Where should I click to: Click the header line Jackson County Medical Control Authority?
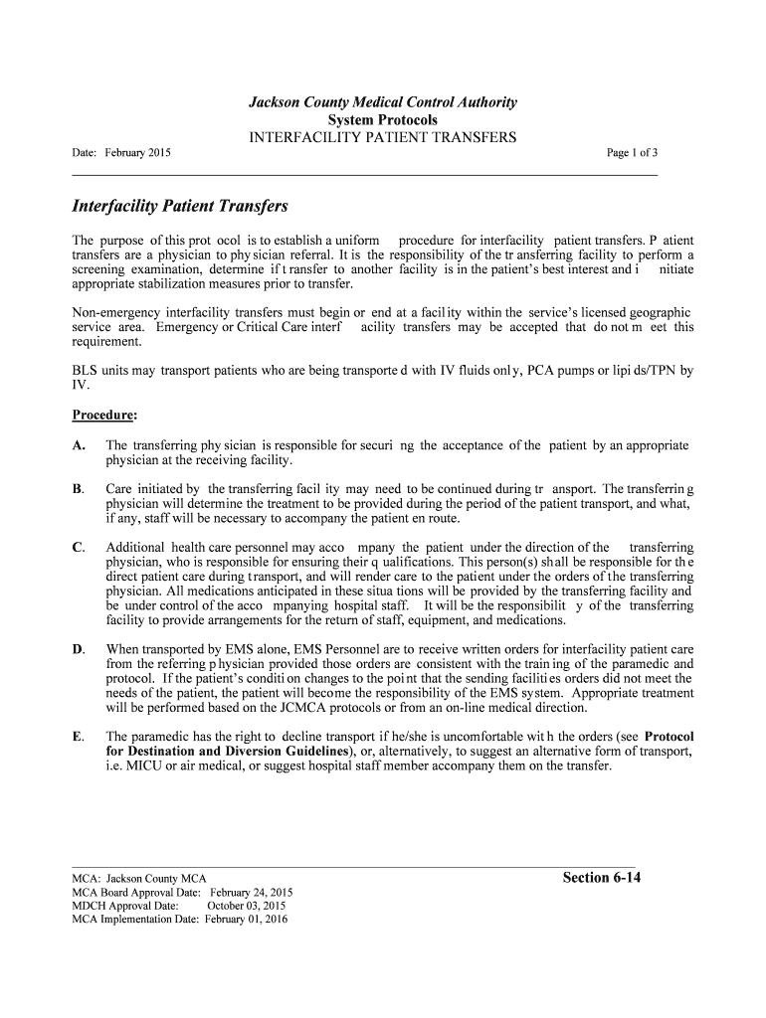(x=382, y=102)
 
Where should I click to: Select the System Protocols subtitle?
(x=382, y=119)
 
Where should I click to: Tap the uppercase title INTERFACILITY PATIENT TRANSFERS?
(x=382, y=137)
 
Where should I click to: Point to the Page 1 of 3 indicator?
(x=632, y=153)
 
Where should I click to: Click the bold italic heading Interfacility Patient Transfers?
(x=180, y=207)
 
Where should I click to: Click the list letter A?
(x=79, y=445)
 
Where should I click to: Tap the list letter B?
(x=79, y=489)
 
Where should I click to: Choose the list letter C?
(x=79, y=548)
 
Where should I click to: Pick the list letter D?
(x=79, y=649)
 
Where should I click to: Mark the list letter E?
(x=79, y=737)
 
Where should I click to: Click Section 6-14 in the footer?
(x=601, y=877)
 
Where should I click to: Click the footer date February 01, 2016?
(x=246, y=920)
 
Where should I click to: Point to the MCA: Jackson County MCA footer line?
(x=139, y=878)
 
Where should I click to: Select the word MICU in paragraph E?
(x=143, y=766)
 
